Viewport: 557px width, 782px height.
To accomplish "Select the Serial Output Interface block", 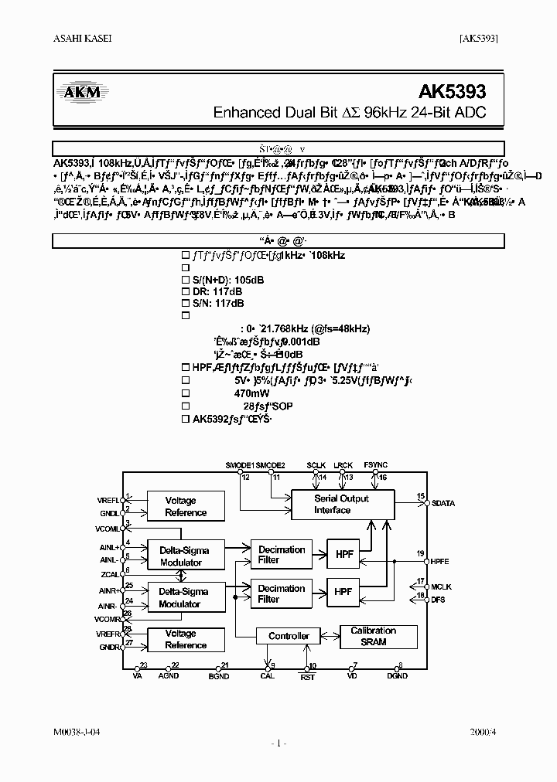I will pos(341,505).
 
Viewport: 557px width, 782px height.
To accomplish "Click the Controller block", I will pos(289,636).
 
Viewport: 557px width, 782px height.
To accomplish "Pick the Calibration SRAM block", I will pos(373,636).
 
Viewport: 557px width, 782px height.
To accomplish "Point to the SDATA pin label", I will pos(443,504).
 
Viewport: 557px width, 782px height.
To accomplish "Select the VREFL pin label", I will pos(110,499).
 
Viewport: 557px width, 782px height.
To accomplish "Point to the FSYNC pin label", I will pos(375,466).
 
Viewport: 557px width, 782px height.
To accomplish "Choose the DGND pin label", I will pos(397,676).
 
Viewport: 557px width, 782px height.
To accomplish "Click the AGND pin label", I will pos(169,676).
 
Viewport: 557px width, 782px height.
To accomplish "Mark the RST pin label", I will pos(308,676).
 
